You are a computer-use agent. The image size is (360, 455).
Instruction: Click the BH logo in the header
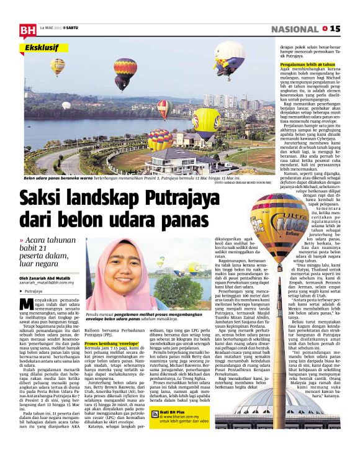27,29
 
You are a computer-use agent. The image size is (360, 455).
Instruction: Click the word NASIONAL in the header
294,29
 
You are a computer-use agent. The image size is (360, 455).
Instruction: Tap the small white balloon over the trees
66,105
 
